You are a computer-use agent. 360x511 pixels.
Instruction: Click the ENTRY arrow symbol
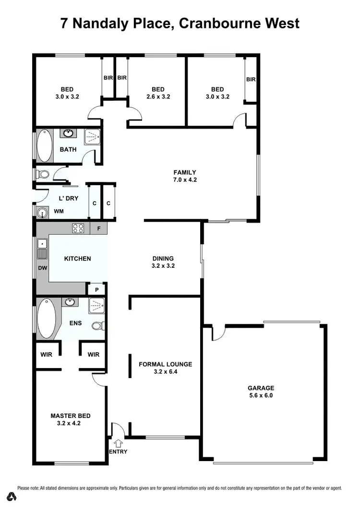coord(119,443)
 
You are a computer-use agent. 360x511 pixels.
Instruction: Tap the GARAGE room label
coord(261,388)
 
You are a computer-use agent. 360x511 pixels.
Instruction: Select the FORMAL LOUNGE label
coord(165,364)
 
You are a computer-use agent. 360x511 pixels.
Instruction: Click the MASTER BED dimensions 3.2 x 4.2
coord(71,423)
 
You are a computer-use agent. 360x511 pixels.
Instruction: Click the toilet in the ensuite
coord(98,326)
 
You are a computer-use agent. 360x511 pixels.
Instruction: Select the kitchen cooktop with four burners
coord(78,228)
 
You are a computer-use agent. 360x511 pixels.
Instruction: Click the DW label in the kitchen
coord(43,268)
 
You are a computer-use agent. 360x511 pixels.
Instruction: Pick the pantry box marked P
coord(96,289)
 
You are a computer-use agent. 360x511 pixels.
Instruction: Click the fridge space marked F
coord(99,228)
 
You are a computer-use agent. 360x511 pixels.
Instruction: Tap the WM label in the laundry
coord(59,211)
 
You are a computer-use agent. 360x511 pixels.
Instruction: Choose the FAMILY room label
coord(185,173)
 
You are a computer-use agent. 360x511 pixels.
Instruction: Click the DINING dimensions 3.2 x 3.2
coord(163,265)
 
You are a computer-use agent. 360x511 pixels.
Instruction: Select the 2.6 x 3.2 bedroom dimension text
coord(158,96)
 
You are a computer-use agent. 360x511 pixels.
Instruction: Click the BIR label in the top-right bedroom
coord(251,80)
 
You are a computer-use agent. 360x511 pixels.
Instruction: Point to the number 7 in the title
coord(64,23)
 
